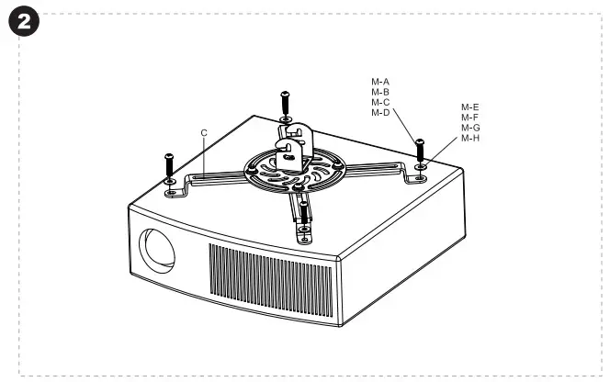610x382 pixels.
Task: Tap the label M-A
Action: tap(380, 82)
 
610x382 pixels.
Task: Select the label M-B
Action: tap(380, 92)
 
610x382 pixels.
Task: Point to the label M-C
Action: tap(380, 102)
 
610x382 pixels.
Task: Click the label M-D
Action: tap(380, 112)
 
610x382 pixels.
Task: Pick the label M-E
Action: tap(469, 107)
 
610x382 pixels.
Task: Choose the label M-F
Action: tap(469, 118)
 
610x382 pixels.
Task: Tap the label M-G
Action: tap(469, 128)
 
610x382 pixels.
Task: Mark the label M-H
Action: tap(469, 138)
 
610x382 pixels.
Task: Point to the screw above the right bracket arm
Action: tap(420, 150)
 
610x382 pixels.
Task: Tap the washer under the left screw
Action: tap(170, 182)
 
